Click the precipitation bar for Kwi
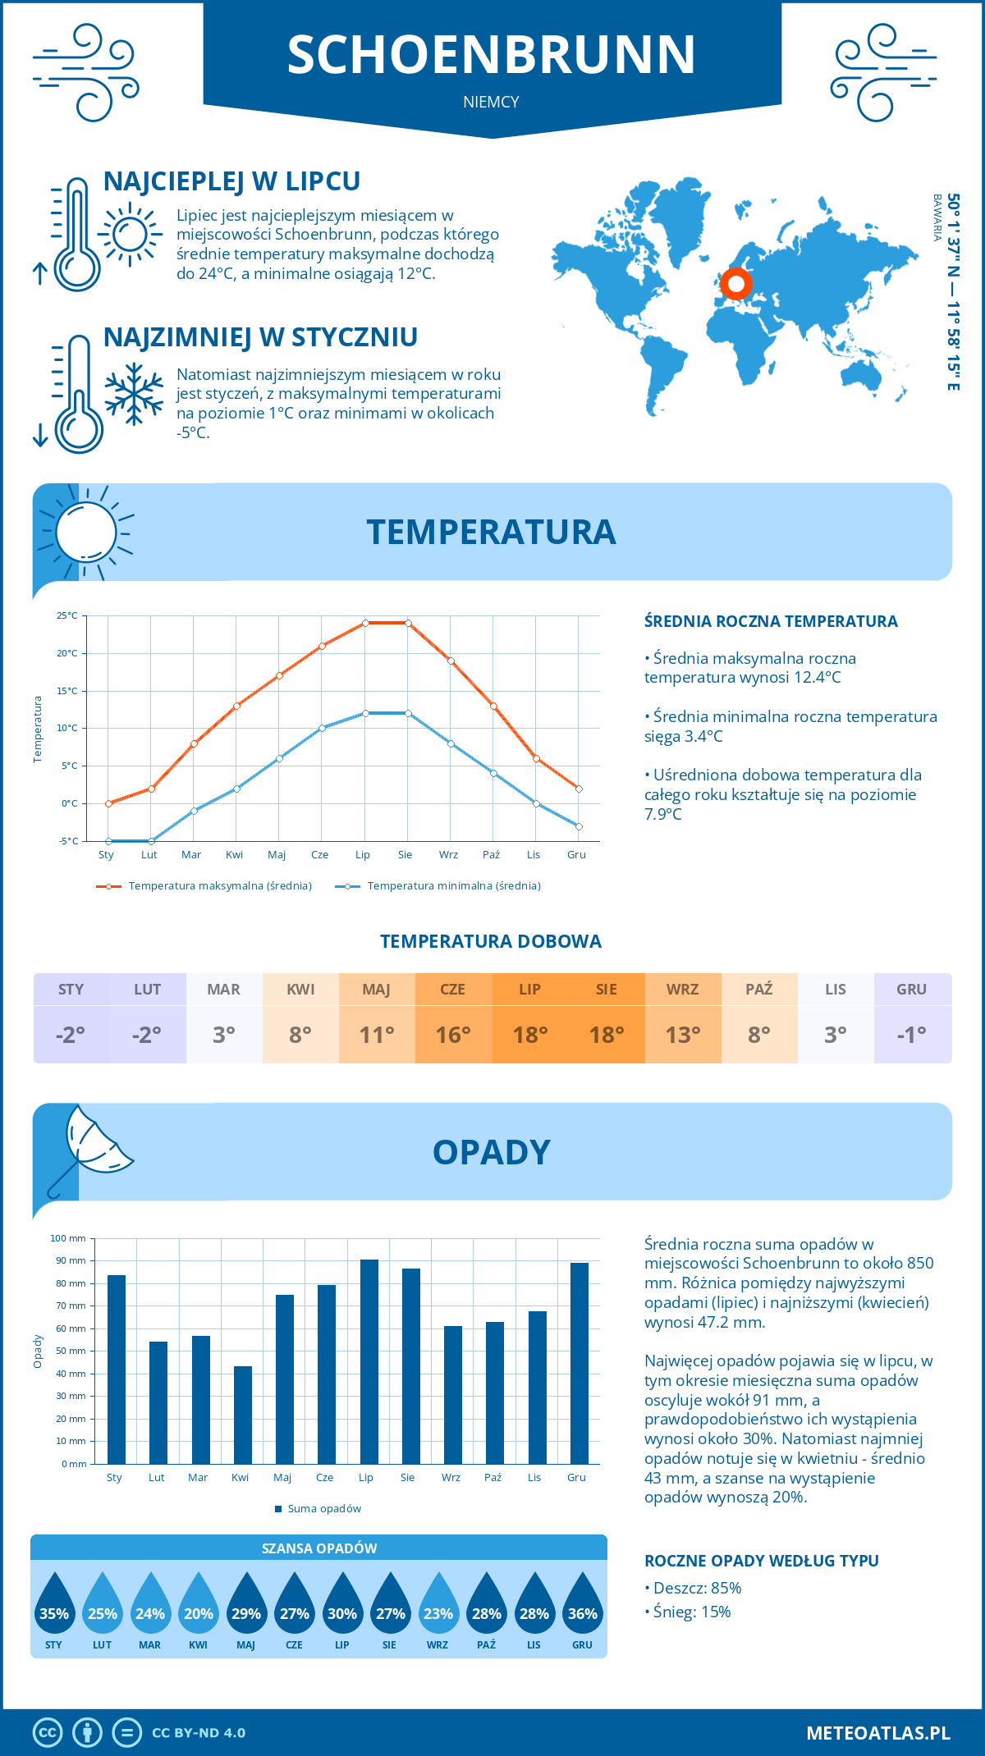(243, 1415)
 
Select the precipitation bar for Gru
(580, 1363)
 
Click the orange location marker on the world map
(735, 284)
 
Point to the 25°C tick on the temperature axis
(67, 615)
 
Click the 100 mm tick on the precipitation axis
(68, 1238)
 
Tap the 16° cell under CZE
(453, 1035)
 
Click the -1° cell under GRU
(912, 1035)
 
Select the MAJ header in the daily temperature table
(377, 990)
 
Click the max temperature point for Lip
(365, 623)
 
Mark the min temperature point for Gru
(579, 826)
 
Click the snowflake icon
(134, 394)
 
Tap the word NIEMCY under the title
(491, 102)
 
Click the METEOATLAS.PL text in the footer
(878, 1733)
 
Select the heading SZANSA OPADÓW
(319, 1548)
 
